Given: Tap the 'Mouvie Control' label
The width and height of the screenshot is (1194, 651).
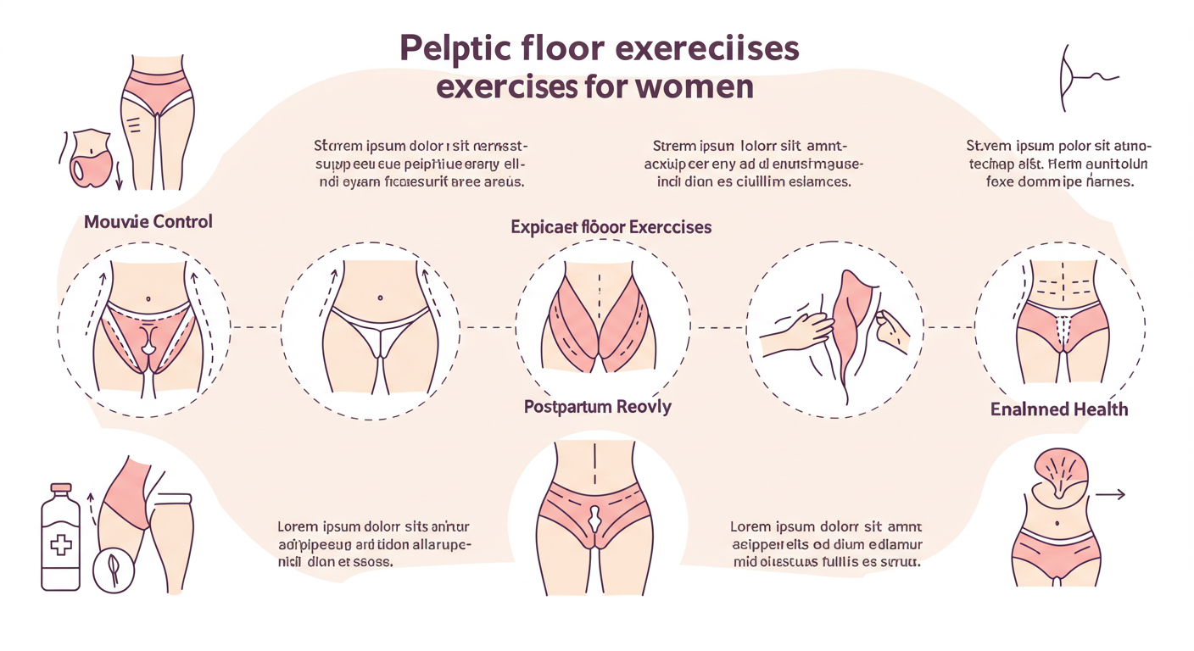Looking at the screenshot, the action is tap(148, 222).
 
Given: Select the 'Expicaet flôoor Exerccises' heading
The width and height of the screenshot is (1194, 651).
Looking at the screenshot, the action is tap(611, 227).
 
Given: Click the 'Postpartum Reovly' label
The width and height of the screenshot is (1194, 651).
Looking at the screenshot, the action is tap(597, 407).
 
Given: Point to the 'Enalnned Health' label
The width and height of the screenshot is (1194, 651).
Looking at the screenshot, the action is tap(1059, 409).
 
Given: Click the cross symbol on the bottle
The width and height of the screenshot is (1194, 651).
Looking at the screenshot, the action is tap(62, 543).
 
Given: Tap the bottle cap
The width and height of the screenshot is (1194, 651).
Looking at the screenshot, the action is tap(60, 490).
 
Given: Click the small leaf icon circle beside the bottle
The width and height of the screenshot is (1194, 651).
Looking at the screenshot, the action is tap(109, 570).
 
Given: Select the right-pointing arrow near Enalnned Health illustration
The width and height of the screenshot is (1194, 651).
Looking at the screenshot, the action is tap(1110, 494).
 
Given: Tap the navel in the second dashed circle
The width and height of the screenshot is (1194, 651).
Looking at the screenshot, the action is tap(379, 298).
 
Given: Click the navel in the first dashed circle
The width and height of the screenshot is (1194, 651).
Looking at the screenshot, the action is tap(149, 298).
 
